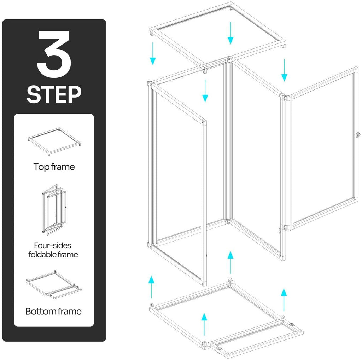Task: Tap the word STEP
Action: click(54, 94)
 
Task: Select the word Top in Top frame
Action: click(41, 167)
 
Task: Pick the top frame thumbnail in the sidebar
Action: click(54, 141)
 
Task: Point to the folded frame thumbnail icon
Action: click(54, 209)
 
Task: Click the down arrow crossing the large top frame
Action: click(230, 33)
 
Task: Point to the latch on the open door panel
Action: click(358, 135)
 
